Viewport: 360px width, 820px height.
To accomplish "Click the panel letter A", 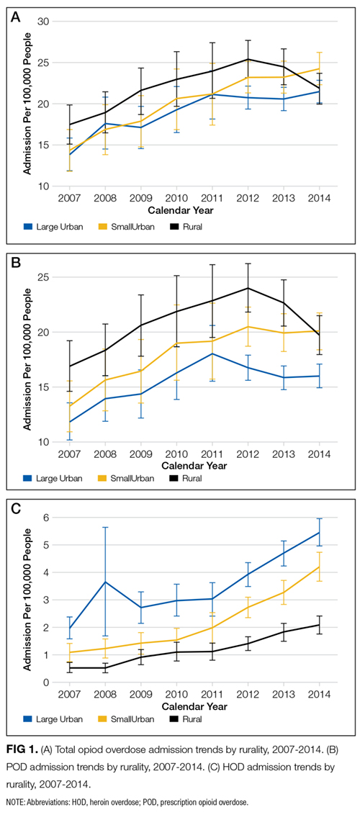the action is pyautogui.click(x=17, y=17).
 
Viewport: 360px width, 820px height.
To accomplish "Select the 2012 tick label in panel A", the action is pyautogui.click(x=248, y=199).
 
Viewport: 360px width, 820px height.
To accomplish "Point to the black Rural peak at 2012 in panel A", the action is pyautogui.click(x=248, y=59).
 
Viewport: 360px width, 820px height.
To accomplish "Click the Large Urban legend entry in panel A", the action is pyautogui.click(x=53, y=227).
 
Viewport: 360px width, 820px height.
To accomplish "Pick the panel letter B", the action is pyautogui.click(x=17, y=262).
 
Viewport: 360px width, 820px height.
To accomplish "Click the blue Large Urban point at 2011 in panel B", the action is pyautogui.click(x=212, y=353).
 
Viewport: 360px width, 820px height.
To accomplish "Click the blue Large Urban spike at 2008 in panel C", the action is pyautogui.click(x=105, y=582).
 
